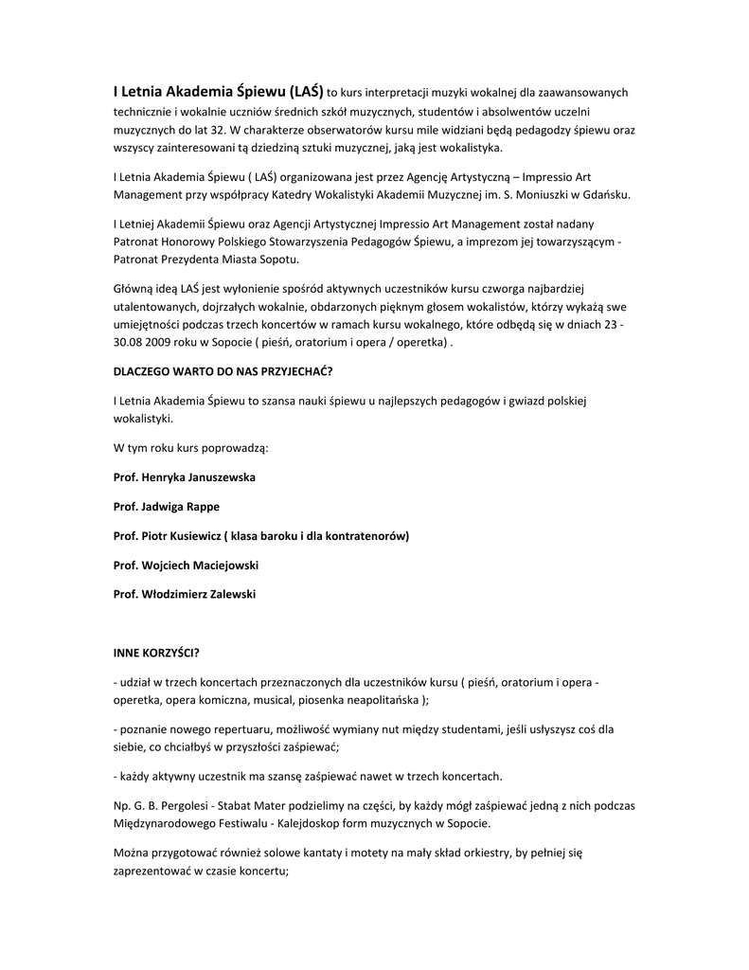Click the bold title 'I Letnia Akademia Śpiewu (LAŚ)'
click(218, 93)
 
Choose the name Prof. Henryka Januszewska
click(184, 476)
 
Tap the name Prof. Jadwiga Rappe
click(167, 506)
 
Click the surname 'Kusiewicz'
click(190, 536)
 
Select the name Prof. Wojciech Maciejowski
click(186, 566)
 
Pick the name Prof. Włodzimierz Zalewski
click(184, 595)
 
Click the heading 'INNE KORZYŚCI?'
click(156, 655)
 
